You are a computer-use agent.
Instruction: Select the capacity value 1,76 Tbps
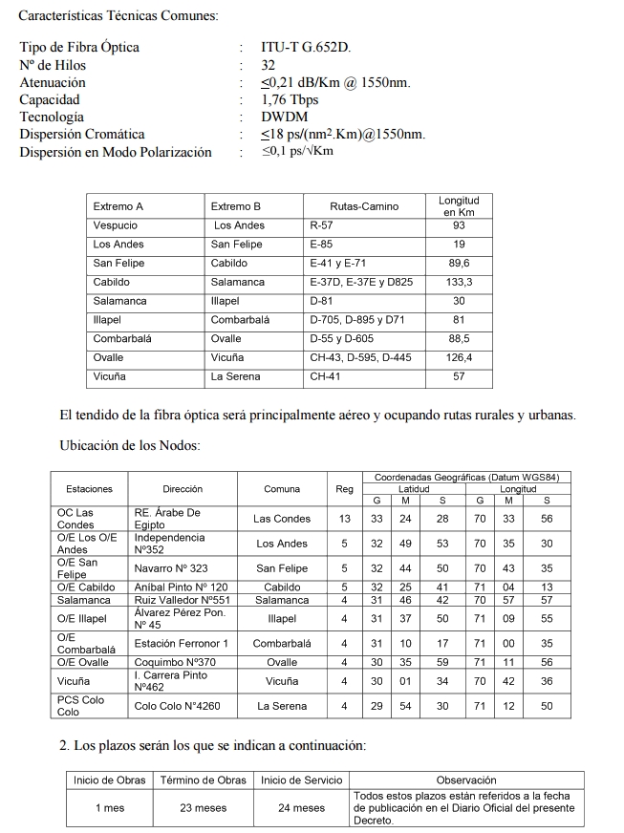tap(290, 99)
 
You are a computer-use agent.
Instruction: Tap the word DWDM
tap(284, 117)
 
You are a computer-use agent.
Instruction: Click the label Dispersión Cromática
tap(82, 135)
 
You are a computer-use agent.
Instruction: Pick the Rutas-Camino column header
tap(364, 206)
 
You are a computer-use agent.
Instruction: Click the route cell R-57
tap(321, 225)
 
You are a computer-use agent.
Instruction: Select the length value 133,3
tap(459, 283)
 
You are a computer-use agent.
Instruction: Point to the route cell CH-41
tap(326, 377)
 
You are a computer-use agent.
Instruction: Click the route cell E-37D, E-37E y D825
tap(361, 283)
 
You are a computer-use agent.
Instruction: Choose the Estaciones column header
tap(89, 489)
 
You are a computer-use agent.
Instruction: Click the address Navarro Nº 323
tap(171, 568)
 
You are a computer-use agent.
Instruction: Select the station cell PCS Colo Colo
tap(80, 706)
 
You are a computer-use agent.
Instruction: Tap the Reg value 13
tap(344, 519)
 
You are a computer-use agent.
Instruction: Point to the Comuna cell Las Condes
tap(282, 519)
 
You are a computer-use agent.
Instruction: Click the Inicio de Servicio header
tap(301, 780)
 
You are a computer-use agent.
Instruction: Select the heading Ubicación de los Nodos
tap(130, 445)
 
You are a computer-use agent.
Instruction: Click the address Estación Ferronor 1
tap(181, 643)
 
